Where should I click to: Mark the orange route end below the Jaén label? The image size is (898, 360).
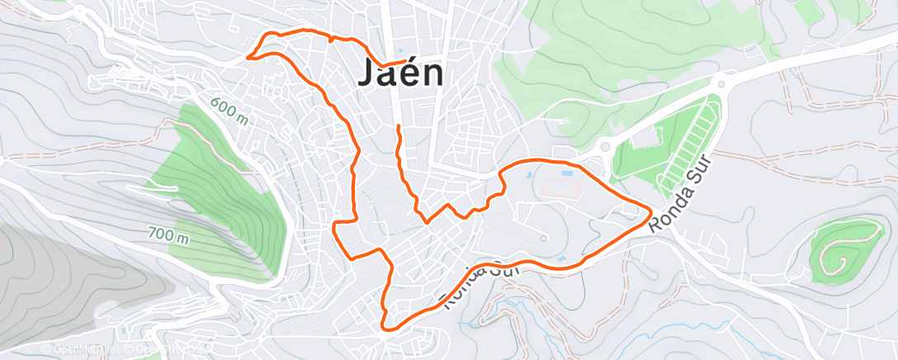point(399,126)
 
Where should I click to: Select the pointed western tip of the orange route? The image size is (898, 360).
point(248,57)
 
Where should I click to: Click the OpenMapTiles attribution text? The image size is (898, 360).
point(83,349)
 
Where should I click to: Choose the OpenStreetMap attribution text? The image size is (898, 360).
point(169,349)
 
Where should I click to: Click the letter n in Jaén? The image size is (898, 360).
point(429,74)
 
